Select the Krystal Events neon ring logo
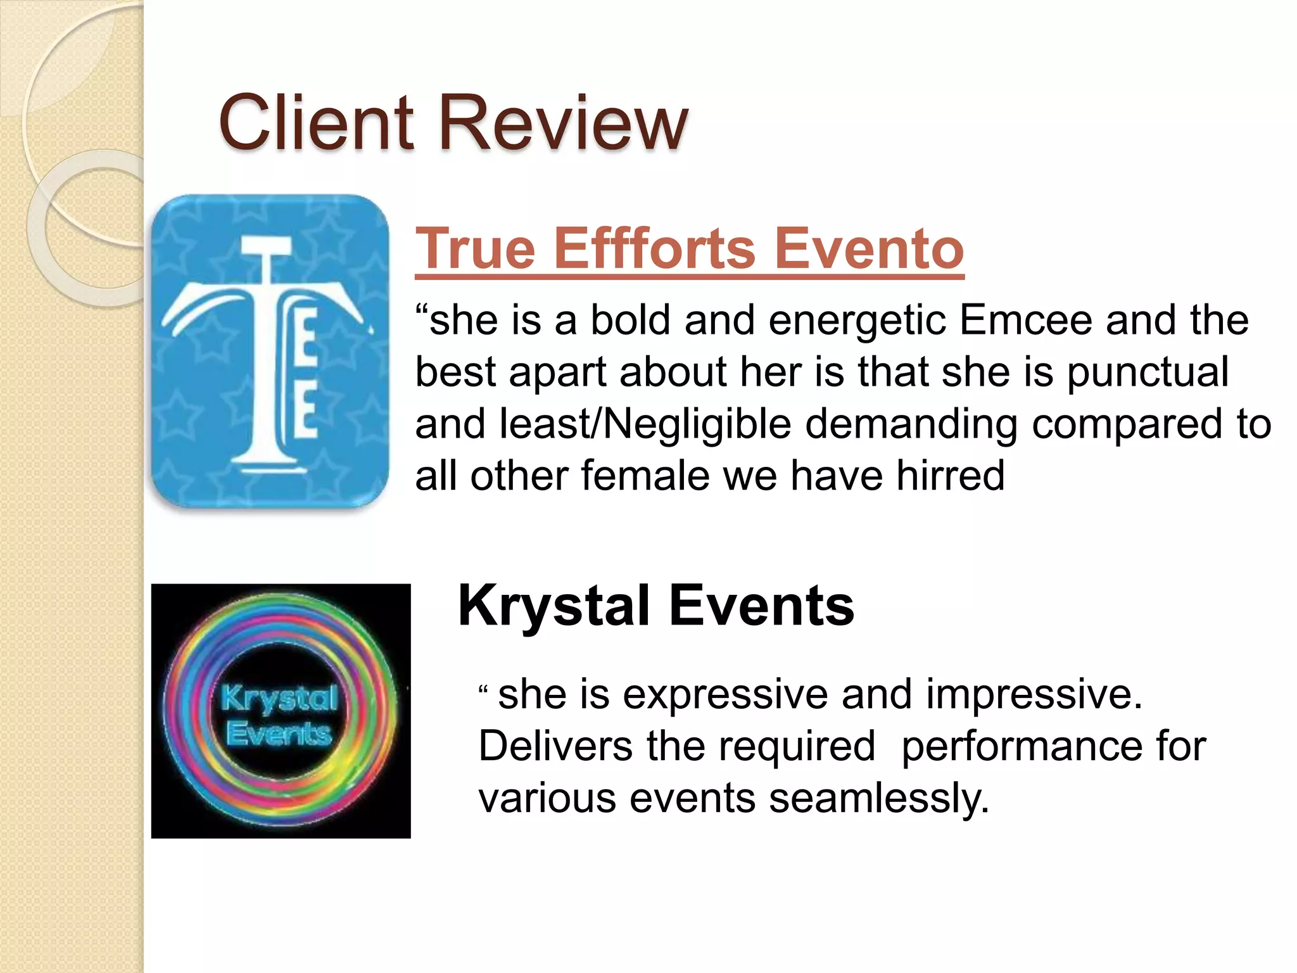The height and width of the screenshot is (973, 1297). coord(281,711)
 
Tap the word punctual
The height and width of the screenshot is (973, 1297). coord(1148,372)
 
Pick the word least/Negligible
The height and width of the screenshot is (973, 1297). coord(645,424)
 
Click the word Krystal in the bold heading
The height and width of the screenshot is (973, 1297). coord(554,606)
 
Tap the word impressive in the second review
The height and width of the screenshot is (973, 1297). coord(1034,694)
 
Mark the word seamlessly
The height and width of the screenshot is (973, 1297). coord(878,798)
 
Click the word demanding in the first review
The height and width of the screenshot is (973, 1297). coord(911,424)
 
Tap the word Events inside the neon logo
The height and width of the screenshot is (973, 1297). coord(279,735)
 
